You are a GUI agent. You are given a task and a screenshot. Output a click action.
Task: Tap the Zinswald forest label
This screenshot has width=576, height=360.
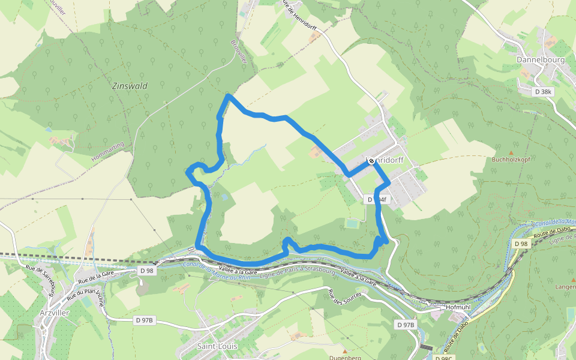point(130,86)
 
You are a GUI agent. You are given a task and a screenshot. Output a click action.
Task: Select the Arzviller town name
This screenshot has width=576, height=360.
point(52,313)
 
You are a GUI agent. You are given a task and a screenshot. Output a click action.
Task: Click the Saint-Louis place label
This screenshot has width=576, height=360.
point(217,346)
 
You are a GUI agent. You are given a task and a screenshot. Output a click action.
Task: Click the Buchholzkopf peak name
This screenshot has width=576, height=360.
point(511,160)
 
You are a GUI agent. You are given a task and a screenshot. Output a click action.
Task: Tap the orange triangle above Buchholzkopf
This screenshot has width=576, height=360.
point(511,152)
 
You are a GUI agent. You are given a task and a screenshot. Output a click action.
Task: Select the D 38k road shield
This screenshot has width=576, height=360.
point(544,92)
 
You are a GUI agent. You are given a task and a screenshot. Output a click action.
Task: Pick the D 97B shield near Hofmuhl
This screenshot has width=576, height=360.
point(406,325)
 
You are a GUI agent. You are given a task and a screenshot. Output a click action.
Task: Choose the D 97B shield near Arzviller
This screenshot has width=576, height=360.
point(145,320)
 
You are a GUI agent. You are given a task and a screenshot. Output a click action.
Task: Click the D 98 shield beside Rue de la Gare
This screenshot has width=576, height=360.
point(146,271)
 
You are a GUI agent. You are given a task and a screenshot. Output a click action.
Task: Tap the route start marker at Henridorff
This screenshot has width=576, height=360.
point(371,161)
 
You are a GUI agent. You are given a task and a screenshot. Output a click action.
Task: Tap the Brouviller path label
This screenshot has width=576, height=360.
point(239,52)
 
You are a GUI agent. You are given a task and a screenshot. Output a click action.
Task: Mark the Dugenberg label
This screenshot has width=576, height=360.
point(345,357)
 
